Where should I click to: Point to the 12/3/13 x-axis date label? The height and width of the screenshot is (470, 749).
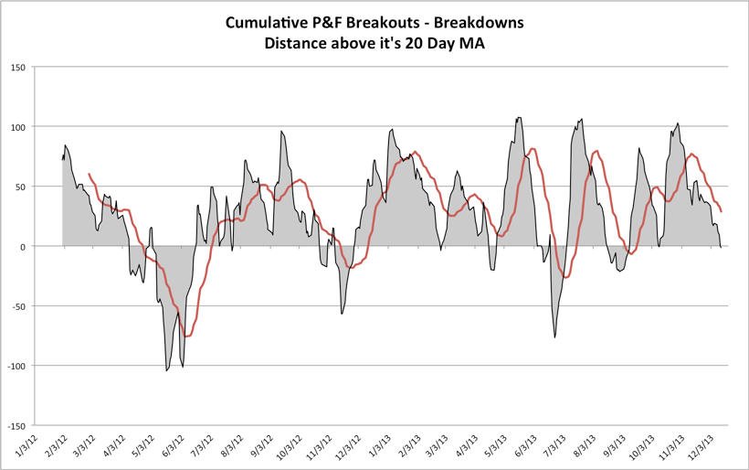pyautogui.click(x=708, y=447)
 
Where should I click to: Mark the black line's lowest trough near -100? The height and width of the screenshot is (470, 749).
pyautogui.click(x=166, y=370)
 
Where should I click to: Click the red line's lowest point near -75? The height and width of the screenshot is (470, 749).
pyautogui.click(x=186, y=336)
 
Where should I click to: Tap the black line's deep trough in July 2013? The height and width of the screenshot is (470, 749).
pyautogui.click(x=554, y=337)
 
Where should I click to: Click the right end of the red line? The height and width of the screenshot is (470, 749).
pyautogui.click(x=722, y=211)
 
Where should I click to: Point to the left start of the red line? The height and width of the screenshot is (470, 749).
pyautogui.click(x=89, y=174)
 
